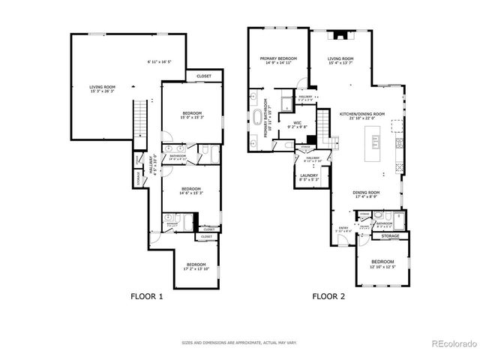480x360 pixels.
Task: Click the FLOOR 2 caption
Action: click(x=328, y=296)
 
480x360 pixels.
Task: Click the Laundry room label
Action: click(x=309, y=177)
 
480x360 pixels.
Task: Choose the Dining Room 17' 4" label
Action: click(x=367, y=193)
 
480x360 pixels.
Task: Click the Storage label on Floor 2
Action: click(x=390, y=236)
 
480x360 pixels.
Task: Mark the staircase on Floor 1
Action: click(x=139, y=119)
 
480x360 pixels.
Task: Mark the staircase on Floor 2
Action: click(x=324, y=127)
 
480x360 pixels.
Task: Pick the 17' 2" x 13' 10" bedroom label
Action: click(x=196, y=266)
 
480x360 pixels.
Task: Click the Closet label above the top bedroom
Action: click(x=203, y=76)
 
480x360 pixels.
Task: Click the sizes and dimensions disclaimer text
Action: click(x=239, y=342)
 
